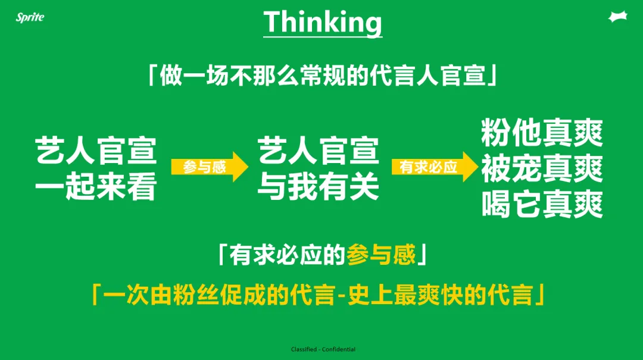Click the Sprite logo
pos(30,17)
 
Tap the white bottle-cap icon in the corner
pos(618,17)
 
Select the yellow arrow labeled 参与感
pos(210,167)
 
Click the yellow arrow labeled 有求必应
pos(435,167)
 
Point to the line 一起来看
pos(96,187)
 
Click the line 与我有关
pos(318,187)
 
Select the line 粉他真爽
pos(542,133)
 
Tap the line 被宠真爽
pos(542,168)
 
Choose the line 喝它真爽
pos(542,204)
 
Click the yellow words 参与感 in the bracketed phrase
pos(381,255)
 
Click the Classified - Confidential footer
pos(323,349)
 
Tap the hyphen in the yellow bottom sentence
pos(341,295)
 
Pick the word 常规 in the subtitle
pos(323,76)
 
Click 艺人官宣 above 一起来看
pos(96,151)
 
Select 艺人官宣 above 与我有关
pos(318,151)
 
